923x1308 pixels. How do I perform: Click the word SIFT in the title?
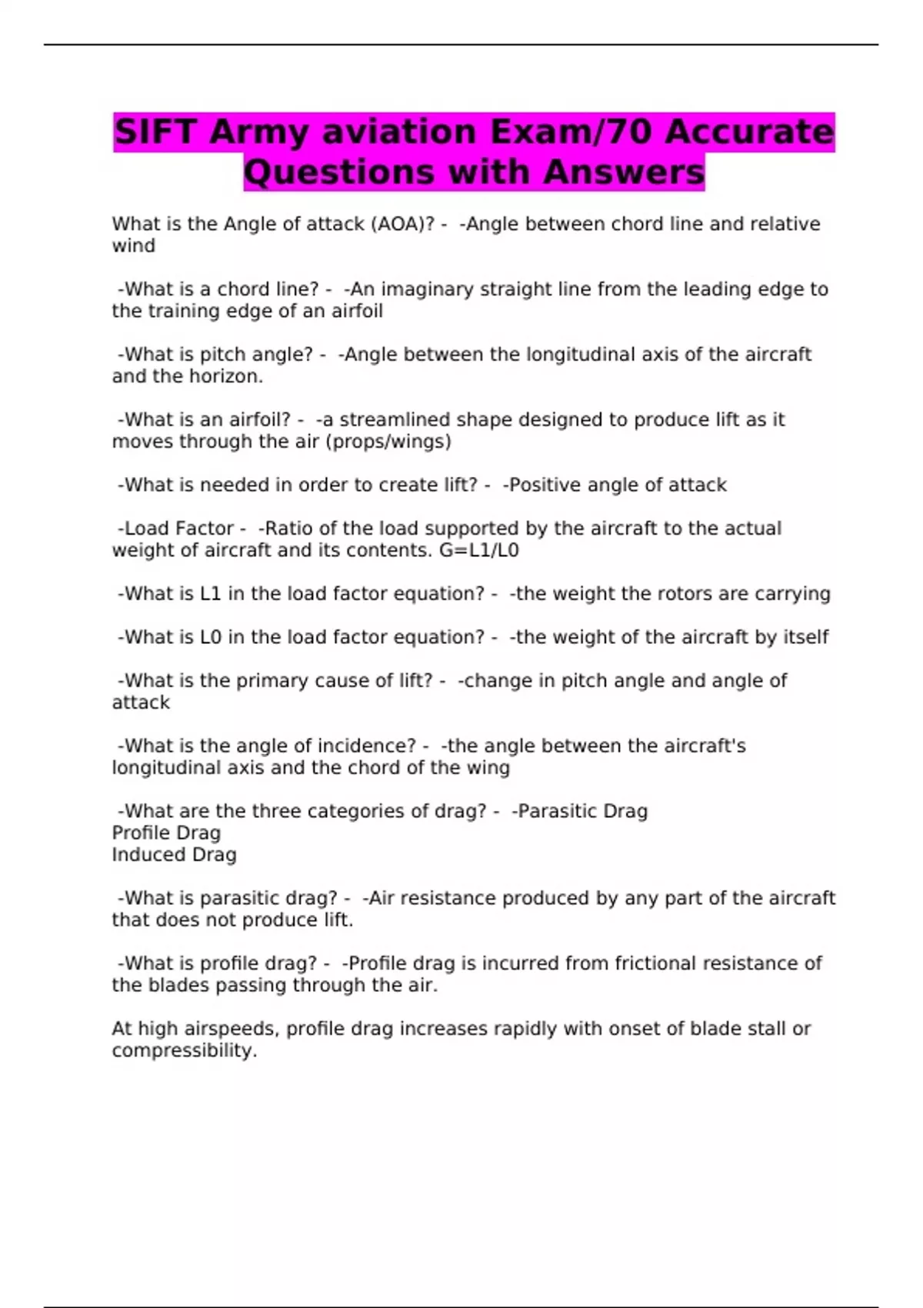pyautogui.click(x=156, y=132)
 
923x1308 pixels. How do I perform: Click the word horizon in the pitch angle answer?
pyautogui.click(x=232, y=376)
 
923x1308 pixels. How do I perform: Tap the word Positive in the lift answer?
pyautogui.click(x=545, y=485)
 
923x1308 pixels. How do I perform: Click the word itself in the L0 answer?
pyautogui.click(x=805, y=637)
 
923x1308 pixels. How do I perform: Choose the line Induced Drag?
pyautogui.click(x=174, y=855)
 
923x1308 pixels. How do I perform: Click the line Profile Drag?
pyautogui.click(x=166, y=833)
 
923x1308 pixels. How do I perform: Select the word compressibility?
pyautogui.click(x=183, y=1050)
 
